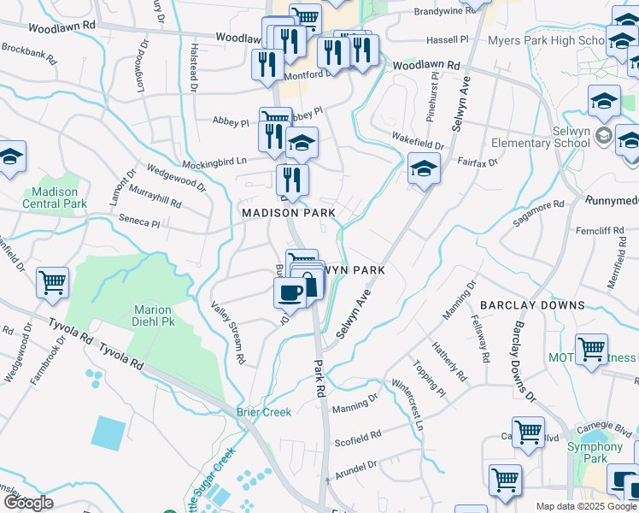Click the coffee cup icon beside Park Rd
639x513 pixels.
click(290, 292)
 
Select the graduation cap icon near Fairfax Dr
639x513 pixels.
click(423, 168)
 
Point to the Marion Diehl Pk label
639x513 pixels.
click(153, 316)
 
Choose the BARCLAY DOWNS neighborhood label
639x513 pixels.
click(532, 305)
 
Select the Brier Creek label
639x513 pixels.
click(264, 412)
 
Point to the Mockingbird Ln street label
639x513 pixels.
click(213, 161)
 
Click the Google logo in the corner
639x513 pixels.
click(28, 503)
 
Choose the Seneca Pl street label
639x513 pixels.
click(139, 221)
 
